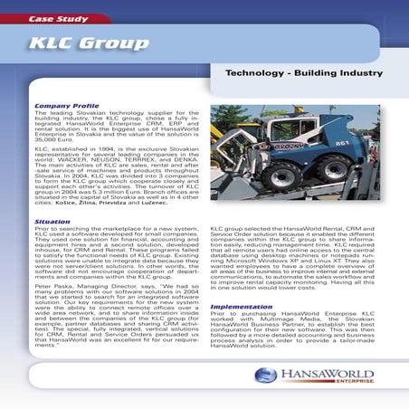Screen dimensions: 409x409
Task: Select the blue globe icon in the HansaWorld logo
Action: pos(265,375)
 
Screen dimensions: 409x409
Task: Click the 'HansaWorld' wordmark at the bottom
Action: pos(321,373)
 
